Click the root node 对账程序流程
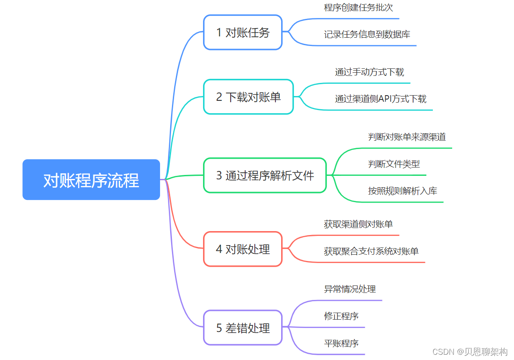pos(91,180)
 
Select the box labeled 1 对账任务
pos(243,32)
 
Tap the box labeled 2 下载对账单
pos(248,97)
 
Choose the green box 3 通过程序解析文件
pos(265,175)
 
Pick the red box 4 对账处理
pos(243,249)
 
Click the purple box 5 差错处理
pos(243,328)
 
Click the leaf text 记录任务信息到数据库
pos(367,34)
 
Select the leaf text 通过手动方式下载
pos(369,72)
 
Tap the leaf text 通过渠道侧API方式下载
pos(381,99)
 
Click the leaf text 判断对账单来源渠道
pos(407,137)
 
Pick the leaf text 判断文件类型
pos(394,164)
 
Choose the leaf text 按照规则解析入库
pos(403,191)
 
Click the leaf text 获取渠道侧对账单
pos(358,224)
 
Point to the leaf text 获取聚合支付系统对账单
pos(371,251)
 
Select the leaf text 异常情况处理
pos(350,289)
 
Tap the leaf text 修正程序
pos(341,316)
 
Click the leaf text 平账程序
pos(341,343)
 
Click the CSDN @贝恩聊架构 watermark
pos(470,352)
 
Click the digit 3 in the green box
pos(219,176)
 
